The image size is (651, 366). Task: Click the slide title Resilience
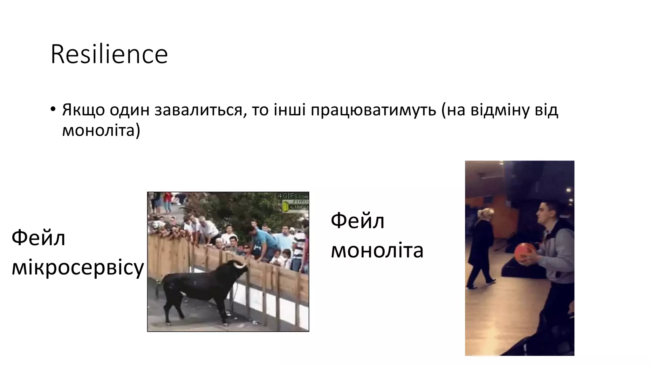(109, 54)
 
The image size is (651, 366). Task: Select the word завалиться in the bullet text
(200, 110)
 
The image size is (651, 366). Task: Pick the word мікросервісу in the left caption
(78, 268)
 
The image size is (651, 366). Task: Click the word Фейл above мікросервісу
(38, 238)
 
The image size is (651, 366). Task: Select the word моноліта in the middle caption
(377, 250)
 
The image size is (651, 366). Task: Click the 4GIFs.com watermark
(293, 196)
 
